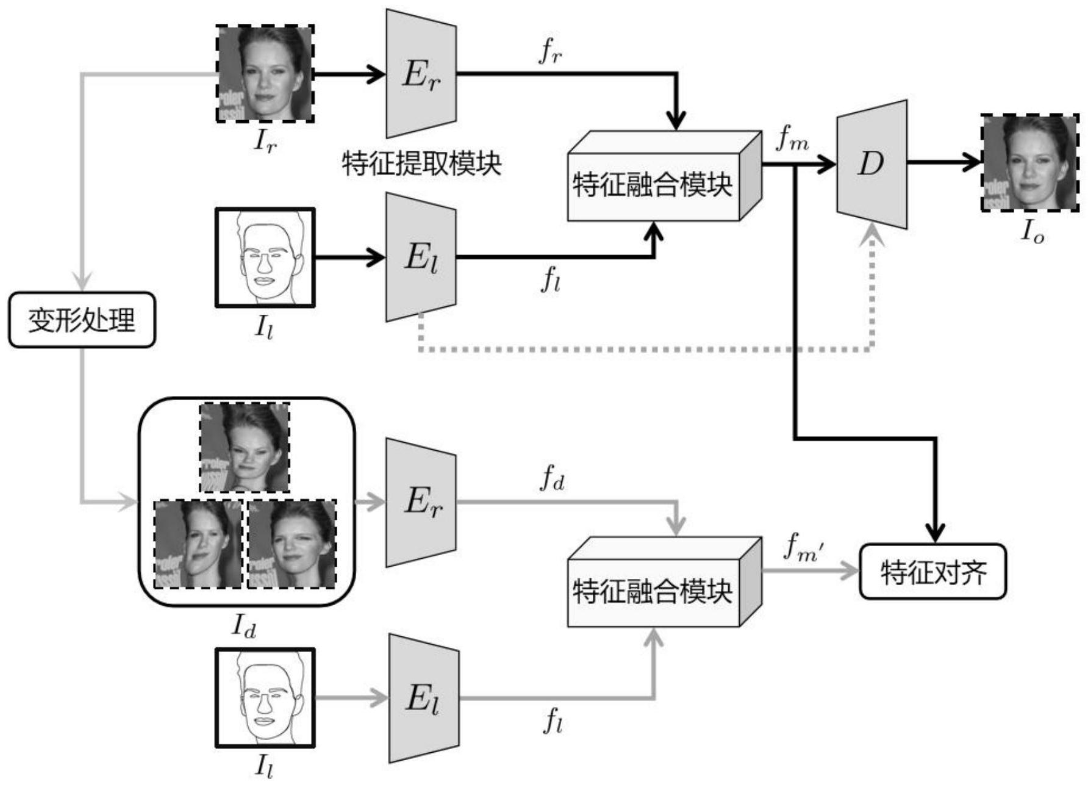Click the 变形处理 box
82,320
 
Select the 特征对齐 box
932,572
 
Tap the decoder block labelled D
871,164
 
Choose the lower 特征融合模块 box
653,591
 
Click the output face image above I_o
1029,163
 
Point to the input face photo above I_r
265,74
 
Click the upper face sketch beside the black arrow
265,257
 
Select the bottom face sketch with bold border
265,697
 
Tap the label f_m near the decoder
792,140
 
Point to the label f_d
552,478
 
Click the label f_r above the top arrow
550,52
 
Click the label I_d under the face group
243,626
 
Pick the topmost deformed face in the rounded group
245,447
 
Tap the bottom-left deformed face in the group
198,544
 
